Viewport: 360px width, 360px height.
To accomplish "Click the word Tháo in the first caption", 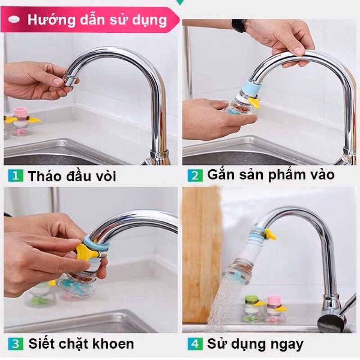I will pos(45,176).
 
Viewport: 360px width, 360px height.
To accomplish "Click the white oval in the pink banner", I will pos(16,20).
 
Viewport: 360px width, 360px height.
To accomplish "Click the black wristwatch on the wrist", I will pos(238,26).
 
